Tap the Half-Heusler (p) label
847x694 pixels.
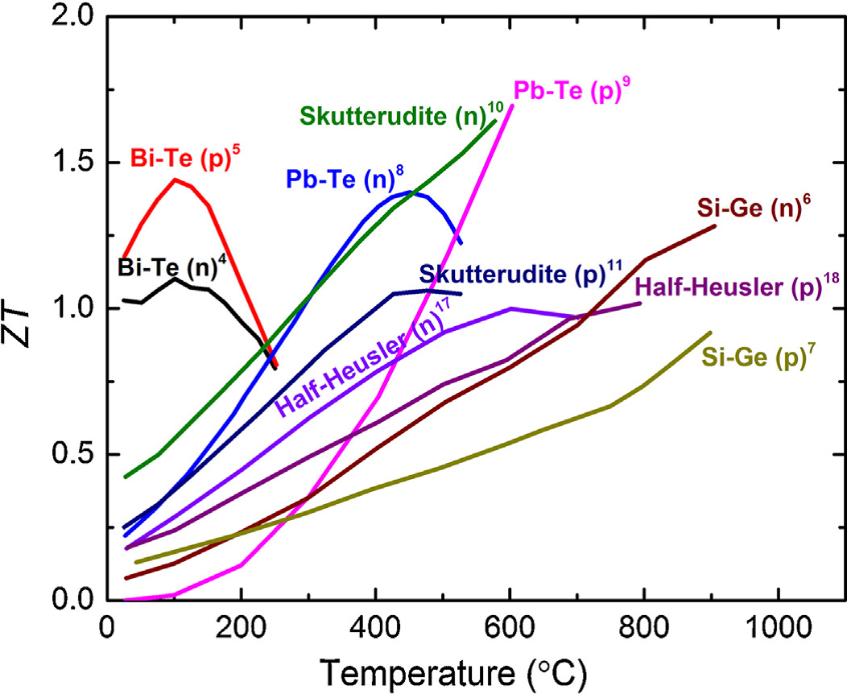tap(730, 286)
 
